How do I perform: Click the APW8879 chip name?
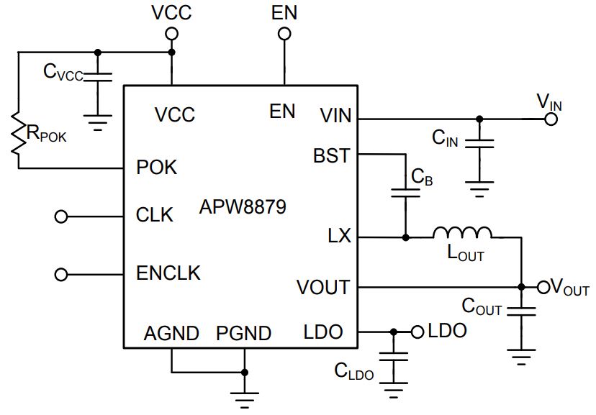[x=243, y=207]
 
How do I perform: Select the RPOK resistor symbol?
[x=18, y=133]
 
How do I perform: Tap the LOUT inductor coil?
[x=462, y=233]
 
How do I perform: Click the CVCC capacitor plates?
[x=98, y=76]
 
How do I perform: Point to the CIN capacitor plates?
[x=479, y=144]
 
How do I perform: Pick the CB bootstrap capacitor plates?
[x=405, y=193]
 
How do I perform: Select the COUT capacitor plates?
[x=521, y=311]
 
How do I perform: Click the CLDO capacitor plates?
[x=394, y=357]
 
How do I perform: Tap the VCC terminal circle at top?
[x=171, y=34]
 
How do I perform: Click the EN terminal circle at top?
[x=284, y=34]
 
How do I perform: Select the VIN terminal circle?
[x=551, y=119]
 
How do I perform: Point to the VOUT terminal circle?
[x=543, y=288]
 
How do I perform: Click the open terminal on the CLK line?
[x=61, y=216]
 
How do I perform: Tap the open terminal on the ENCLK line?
[x=61, y=274]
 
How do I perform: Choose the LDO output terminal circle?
[x=417, y=332]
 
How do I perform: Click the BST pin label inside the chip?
[x=331, y=155]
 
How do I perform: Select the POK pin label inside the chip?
[x=157, y=167]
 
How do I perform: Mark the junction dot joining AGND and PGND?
[x=245, y=372]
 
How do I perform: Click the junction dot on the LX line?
[x=405, y=237]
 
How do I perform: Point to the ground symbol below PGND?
[x=245, y=400]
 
